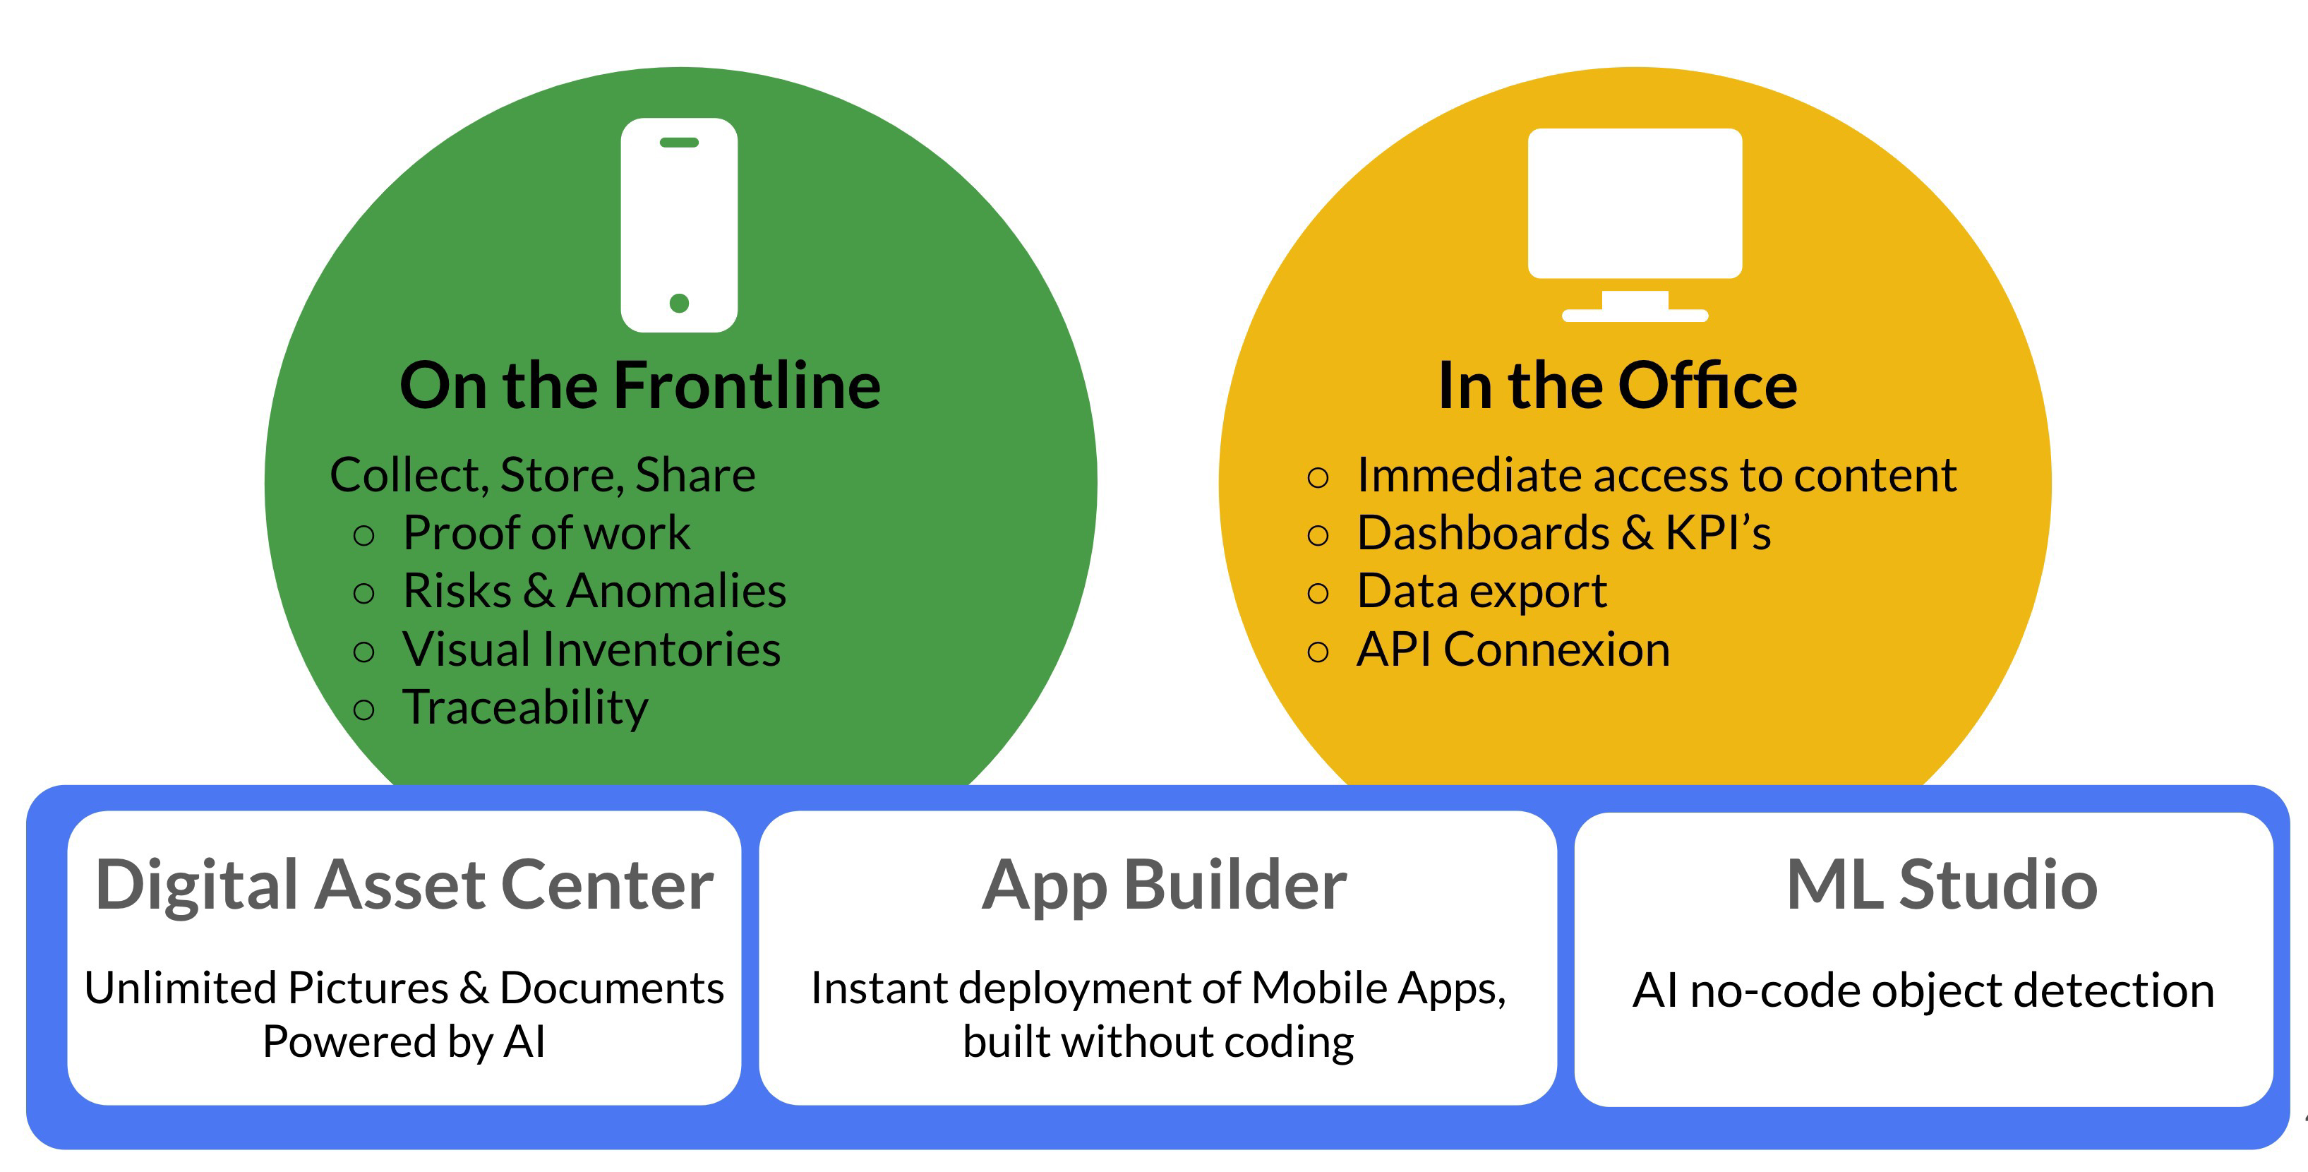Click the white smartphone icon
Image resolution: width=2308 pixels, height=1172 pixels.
[679, 225]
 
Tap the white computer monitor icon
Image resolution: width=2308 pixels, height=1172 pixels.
[1635, 225]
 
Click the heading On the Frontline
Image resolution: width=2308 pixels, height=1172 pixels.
[639, 385]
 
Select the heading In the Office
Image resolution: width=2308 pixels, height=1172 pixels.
[1617, 385]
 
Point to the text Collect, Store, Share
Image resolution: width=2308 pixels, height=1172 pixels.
[542, 475]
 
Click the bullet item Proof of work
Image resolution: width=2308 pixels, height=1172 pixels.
[546, 533]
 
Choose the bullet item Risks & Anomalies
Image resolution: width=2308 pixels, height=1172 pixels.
[594, 592]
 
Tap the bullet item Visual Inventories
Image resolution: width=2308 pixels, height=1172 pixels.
[591, 650]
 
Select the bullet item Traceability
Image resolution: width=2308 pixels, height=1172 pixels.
[525, 709]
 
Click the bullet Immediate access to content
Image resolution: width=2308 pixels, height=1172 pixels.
[1656, 475]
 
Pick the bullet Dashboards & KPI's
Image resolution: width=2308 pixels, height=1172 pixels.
[1563, 533]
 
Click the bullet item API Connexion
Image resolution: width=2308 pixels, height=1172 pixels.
[1513, 650]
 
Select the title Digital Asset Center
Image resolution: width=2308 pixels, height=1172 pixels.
[404, 885]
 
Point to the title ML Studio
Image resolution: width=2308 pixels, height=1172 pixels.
[1942, 885]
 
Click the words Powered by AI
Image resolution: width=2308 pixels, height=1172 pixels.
[404, 1042]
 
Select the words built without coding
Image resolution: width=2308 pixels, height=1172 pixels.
[1158, 1042]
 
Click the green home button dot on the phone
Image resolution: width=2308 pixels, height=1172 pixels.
[679, 304]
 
